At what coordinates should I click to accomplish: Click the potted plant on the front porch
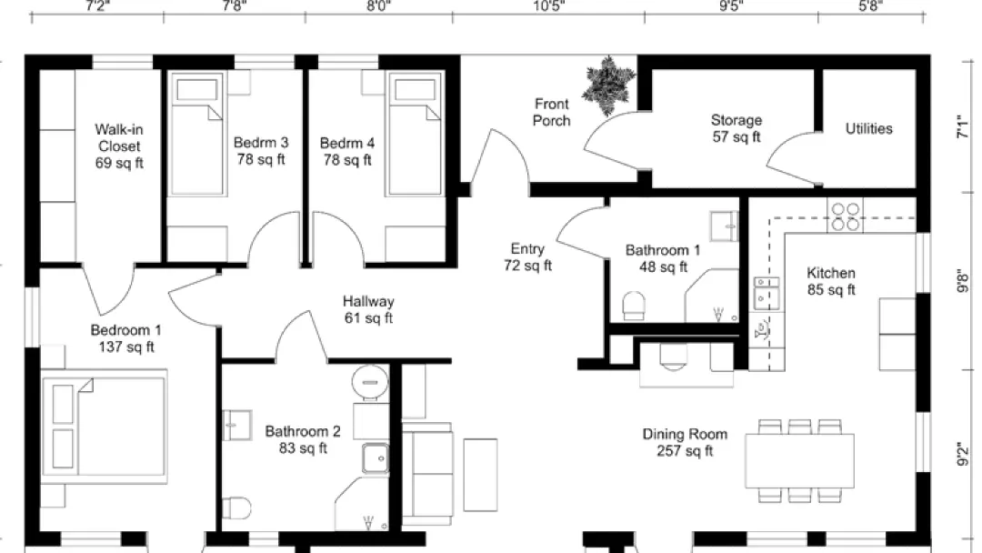(x=607, y=85)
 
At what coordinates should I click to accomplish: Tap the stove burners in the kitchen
(x=845, y=216)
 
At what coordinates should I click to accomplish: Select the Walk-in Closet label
(x=119, y=146)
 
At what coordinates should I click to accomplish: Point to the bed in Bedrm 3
(x=197, y=135)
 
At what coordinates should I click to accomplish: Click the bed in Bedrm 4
(x=415, y=135)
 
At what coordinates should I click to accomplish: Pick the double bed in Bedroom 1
(x=104, y=426)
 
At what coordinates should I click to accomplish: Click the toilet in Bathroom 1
(x=634, y=305)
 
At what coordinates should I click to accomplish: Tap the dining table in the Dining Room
(x=800, y=460)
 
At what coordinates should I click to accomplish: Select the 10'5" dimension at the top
(x=549, y=6)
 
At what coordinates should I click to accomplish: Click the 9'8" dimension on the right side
(x=963, y=280)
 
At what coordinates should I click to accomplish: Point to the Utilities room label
(x=868, y=128)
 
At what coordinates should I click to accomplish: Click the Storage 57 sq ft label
(x=736, y=128)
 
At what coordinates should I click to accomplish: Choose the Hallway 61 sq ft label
(x=368, y=309)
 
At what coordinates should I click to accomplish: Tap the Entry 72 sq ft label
(x=528, y=256)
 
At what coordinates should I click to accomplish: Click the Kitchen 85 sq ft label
(x=831, y=281)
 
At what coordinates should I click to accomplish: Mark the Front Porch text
(x=552, y=112)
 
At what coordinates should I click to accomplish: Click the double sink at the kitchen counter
(x=767, y=293)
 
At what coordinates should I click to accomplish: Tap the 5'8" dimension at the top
(x=870, y=6)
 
